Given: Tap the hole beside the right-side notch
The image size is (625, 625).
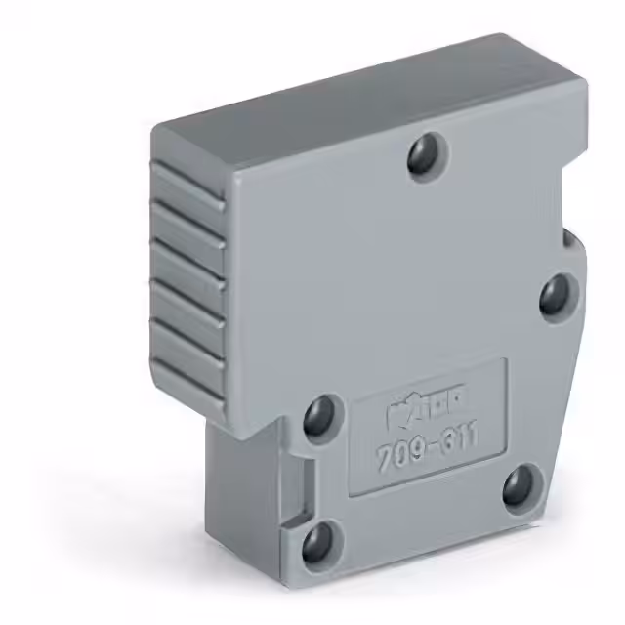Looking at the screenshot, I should pos(558,293).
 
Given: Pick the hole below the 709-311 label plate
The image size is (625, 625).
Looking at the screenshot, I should pos(521,484).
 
